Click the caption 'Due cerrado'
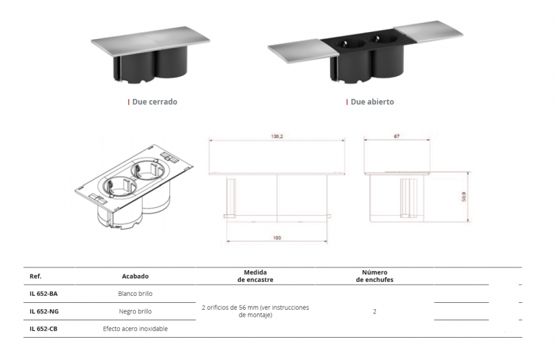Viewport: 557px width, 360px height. [x=155, y=102]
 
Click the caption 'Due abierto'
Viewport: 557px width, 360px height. [x=372, y=102]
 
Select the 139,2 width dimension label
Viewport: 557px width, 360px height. [x=277, y=136]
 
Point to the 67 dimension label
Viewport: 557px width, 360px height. [x=397, y=136]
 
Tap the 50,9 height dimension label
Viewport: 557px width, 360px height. [x=464, y=197]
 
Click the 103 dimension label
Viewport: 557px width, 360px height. [x=277, y=237]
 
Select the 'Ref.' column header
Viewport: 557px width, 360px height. [x=36, y=276]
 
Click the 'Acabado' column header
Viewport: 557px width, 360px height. [x=135, y=276]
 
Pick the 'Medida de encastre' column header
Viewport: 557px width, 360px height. [x=256, y=276]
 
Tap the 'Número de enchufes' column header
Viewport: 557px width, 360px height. [x=375, y=276]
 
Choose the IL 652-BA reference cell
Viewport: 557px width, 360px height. [x=43, y=294]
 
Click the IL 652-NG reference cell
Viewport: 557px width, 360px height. [x=44, y=311]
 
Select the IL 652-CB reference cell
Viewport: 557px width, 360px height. [x=43, y=329]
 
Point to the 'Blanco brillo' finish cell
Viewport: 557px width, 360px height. [x=135, y=294]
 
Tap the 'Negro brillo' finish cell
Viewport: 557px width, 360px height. [x=135, y=311]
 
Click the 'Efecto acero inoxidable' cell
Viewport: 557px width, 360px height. [x=135, y=329]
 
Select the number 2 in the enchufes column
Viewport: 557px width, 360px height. [x=375, y=311]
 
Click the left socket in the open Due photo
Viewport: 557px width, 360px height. [x=350, y=45]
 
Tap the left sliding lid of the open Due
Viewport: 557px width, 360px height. [x=302, y=50]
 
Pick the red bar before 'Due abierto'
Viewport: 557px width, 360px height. [x=347, y=102]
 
